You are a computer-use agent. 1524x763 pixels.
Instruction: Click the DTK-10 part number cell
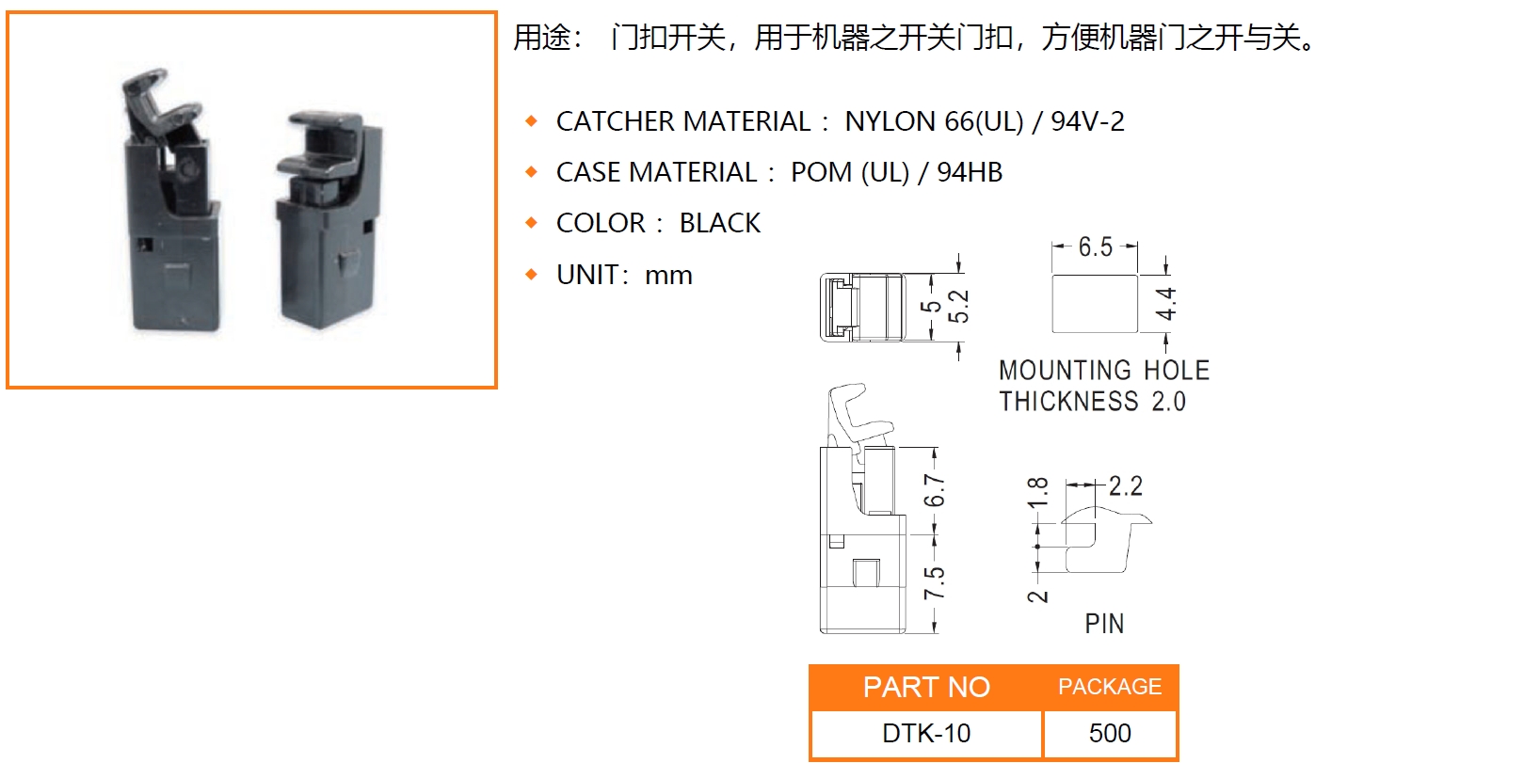[x=926, y=733]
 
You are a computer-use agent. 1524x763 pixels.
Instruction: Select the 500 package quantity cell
[x=1110, y=733]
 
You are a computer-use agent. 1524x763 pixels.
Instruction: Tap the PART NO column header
[x=926, y=687]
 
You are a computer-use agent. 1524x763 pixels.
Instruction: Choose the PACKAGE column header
[x=1110, y=687]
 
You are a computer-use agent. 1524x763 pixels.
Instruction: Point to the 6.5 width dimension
[x=1096, y=246]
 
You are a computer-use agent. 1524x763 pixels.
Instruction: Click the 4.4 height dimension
[x=1166, y=303]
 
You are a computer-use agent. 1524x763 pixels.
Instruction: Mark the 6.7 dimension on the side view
[x=934, y=490]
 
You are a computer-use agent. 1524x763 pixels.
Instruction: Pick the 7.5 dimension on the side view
[x=934, y=583]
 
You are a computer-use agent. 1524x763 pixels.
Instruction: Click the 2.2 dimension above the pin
[x=1125, y=486]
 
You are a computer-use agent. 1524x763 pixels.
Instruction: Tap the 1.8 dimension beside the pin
[x=1036, y=493]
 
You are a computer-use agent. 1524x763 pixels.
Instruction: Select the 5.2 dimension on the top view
[x=958, y=306]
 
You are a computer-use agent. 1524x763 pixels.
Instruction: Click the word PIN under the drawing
[x=1104, y=624]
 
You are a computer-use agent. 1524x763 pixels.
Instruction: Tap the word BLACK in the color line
[x=720, y=223]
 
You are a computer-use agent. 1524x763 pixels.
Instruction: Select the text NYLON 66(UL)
[x=934, y=121]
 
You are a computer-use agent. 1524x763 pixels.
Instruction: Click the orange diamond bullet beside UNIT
[x=531, y=275]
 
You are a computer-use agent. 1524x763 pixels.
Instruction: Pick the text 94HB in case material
[x=970, y=173]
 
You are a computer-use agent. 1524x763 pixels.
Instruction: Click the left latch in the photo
[x=170, y=201]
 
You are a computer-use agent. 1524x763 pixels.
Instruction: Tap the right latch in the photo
[x=329, y=220]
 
